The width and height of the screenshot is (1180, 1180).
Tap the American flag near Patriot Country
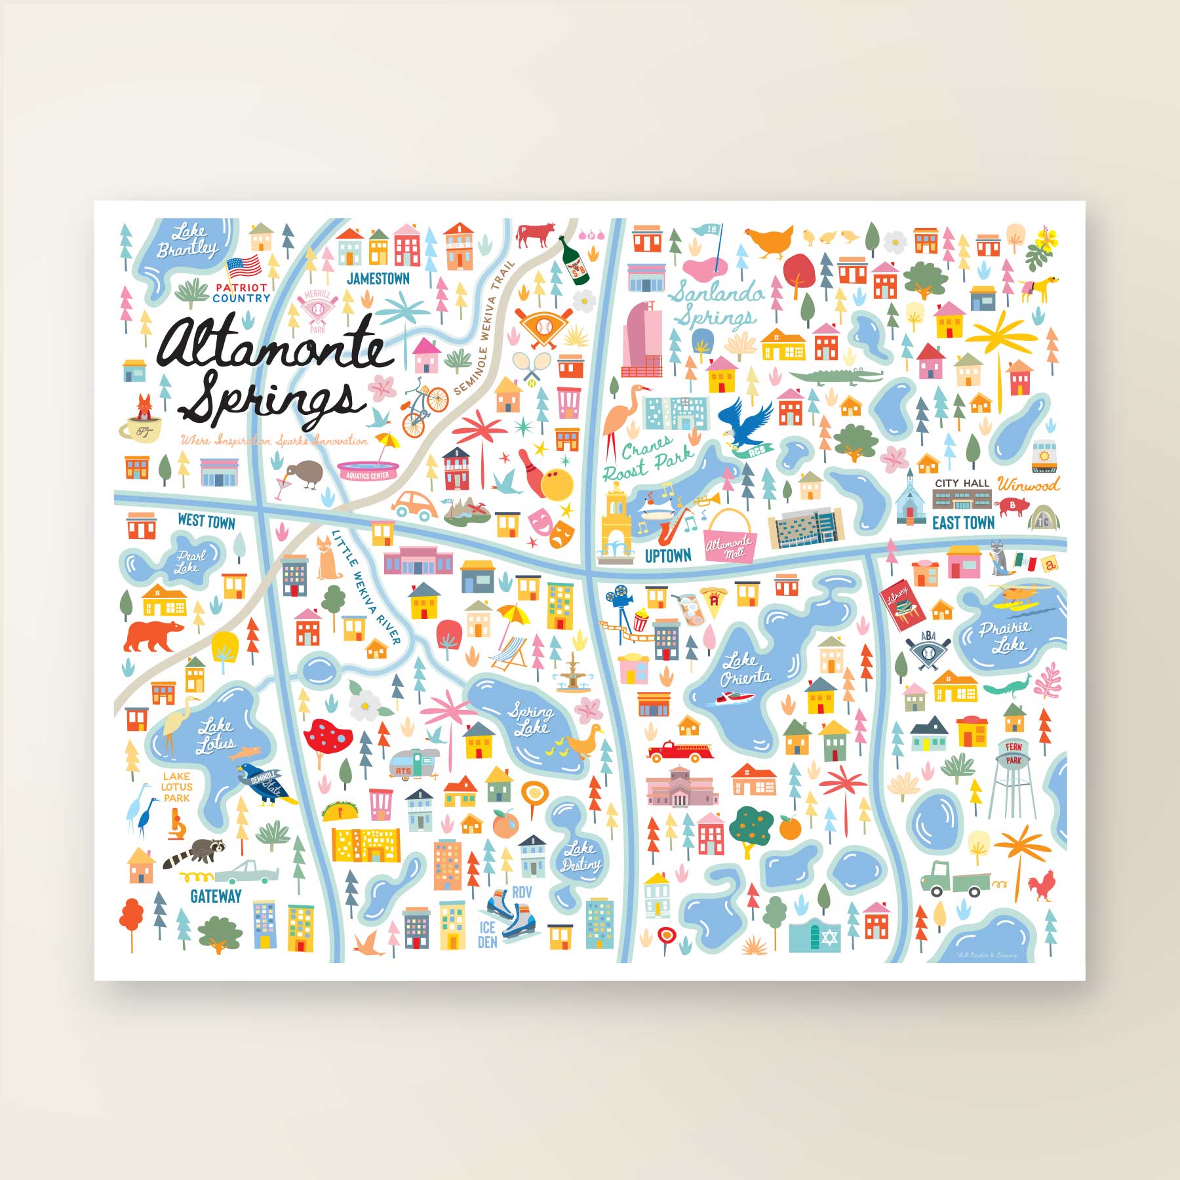(x=244, y=267)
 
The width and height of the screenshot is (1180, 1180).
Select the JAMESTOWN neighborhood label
(x=378, y=279)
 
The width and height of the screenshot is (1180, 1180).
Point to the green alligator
(x=836, y=377)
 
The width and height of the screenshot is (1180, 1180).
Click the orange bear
(x=153, y=635)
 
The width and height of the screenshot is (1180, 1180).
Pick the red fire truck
(x=679, y=751)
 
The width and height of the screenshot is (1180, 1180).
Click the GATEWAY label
(x=216, y=896)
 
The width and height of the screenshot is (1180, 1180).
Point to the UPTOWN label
(x=667, y=556)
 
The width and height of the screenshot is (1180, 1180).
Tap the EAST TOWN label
(x=963, y=522)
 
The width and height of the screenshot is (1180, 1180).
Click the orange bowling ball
(x=557, y=486)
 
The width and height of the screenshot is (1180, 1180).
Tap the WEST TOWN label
(x=206, y=521)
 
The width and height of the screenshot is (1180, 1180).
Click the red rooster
(x=1041, y=886)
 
